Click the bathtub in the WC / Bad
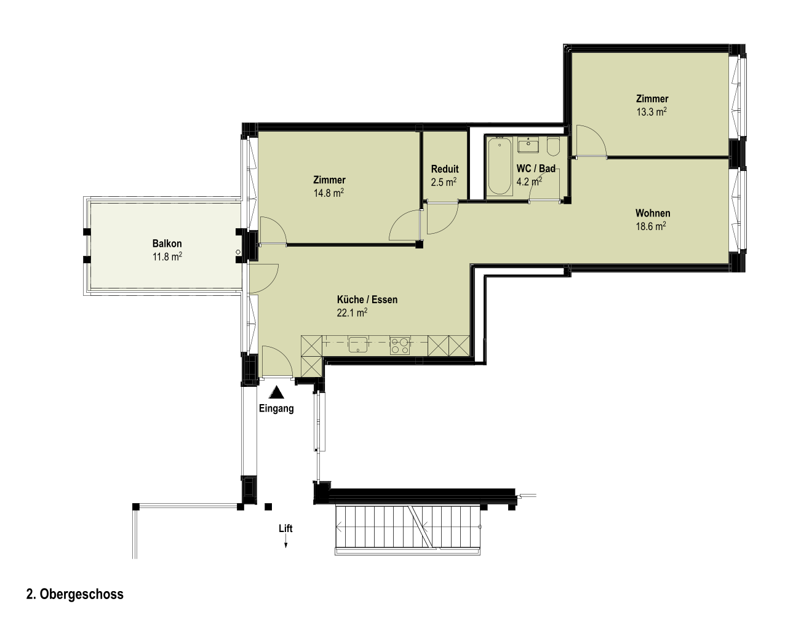point(500,166)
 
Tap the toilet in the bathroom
point(553,146)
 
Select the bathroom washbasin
point(528,145)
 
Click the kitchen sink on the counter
point(358,344)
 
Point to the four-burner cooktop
point(400,346)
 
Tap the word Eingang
point(276,408)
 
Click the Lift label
point(285,528)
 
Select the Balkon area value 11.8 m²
point(167,256)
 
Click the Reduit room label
point(445,169)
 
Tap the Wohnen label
point(653,213)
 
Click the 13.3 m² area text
point(652,112)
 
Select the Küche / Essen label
point(367,300)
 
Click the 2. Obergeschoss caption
point(75,594)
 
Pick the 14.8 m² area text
point(329,193)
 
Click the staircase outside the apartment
point(407,530)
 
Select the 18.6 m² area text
point(651,226)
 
